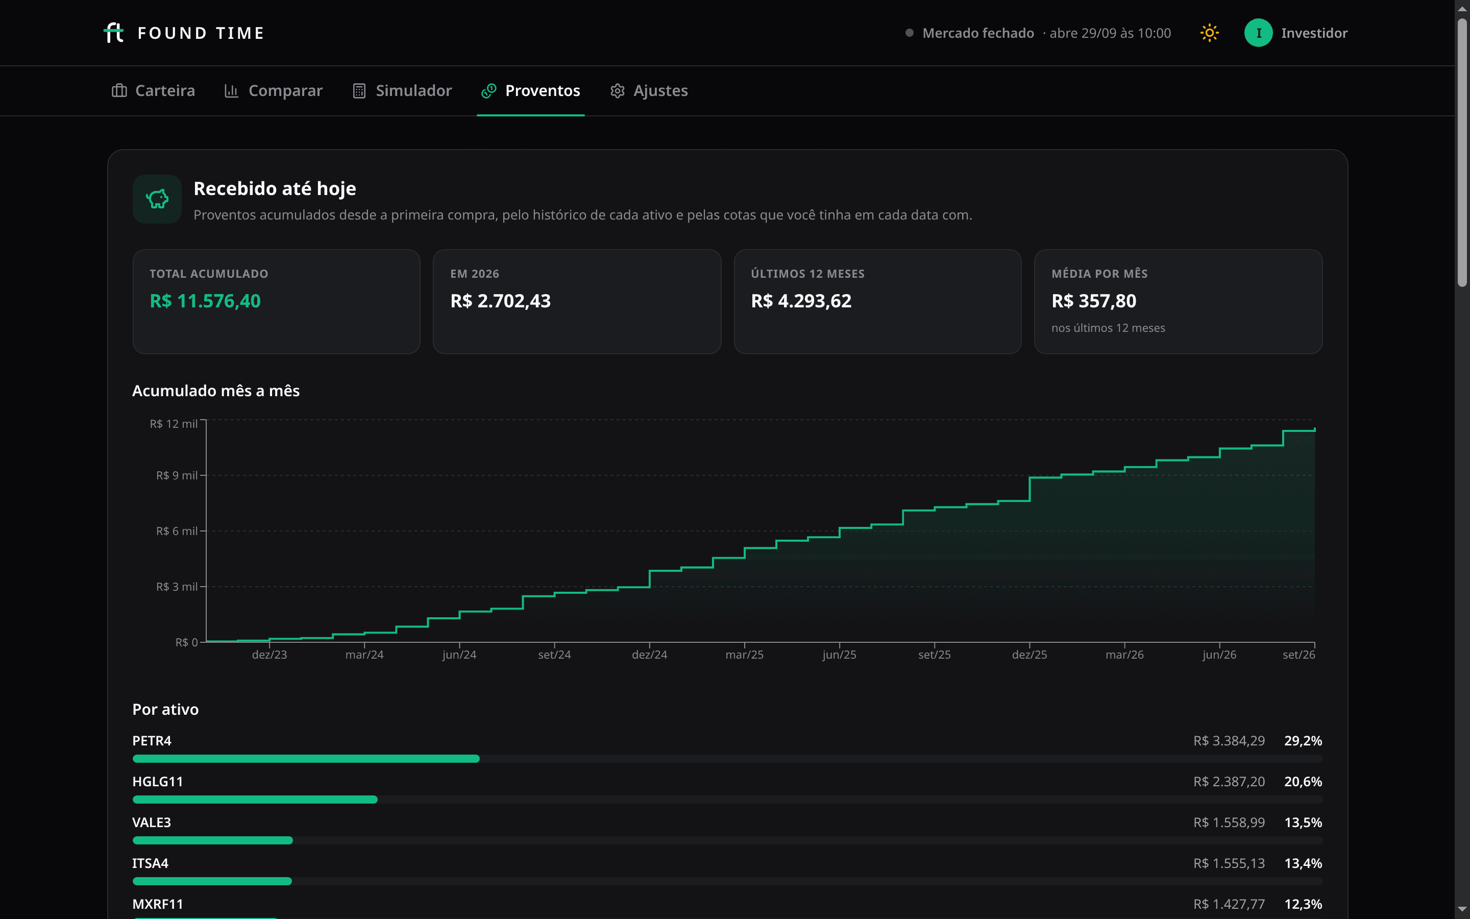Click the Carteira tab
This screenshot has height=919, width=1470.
tap(153, 90)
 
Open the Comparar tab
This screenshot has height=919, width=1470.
tap(274, 90)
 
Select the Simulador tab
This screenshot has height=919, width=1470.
tap(402, 90)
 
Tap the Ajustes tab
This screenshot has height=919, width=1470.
tap(649, 90)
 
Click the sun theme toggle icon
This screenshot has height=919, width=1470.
tap(1209, 33)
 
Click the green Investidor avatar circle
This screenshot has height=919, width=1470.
tap(1258, 33)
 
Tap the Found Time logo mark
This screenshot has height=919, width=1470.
tap(114, 33)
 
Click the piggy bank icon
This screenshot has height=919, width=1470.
tap(157, 199)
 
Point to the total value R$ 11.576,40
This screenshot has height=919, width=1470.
tap(205, 301)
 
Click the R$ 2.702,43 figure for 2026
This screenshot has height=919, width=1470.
tap(501, 301)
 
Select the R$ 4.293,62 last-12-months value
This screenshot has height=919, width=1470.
tap(801, 301)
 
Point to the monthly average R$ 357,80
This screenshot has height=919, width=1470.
tap(1094, 301)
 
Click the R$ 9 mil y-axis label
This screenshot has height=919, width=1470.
tap(177, 475)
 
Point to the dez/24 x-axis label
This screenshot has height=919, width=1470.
tap(649, 655)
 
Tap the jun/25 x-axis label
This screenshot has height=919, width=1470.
tap(840, 655)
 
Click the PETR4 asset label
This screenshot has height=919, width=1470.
tap(152, 741)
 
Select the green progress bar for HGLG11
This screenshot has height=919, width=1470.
tap(255, 799)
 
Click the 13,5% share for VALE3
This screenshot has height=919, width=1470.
tap(1303, 823)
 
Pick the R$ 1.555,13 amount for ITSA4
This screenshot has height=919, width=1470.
tap(1229, 863)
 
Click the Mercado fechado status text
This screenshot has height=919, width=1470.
tap(978, 33)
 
